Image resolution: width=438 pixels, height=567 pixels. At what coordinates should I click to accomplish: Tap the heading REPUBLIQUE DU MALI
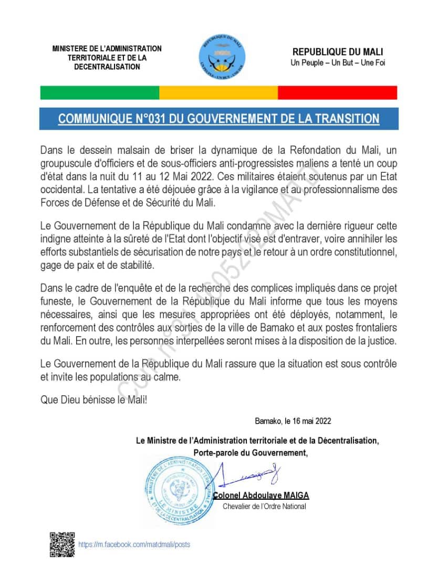337,52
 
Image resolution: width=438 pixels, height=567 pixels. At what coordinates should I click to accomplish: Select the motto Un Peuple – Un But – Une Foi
337,63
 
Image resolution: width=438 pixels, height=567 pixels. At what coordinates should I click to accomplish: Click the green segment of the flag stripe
100,93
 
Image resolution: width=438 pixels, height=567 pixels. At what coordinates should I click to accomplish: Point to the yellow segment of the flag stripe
218,93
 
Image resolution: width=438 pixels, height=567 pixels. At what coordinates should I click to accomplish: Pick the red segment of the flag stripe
337,93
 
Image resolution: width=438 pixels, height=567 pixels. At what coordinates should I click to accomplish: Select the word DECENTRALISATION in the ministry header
107,67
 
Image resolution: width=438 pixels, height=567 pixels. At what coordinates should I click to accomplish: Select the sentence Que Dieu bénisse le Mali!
94,400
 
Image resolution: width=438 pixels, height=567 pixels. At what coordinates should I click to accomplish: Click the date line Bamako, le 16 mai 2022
293,421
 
